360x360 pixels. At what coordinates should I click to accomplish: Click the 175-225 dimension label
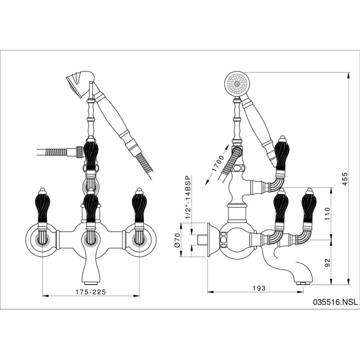91,292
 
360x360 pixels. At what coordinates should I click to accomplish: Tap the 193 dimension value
259,288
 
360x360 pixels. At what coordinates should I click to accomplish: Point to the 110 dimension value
327,214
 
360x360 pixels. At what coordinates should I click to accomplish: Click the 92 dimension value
327,262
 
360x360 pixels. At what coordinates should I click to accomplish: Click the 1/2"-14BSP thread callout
188,197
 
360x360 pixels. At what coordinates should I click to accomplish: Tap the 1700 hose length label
218,164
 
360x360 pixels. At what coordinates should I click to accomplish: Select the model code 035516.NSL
335,302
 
